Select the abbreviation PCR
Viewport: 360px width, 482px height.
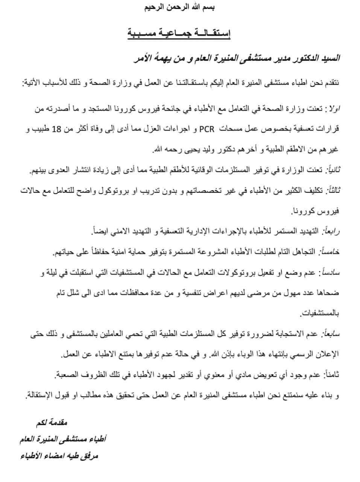point(208,130)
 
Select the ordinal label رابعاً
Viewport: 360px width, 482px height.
point(331,231)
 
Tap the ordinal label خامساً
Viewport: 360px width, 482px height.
point(330,252)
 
